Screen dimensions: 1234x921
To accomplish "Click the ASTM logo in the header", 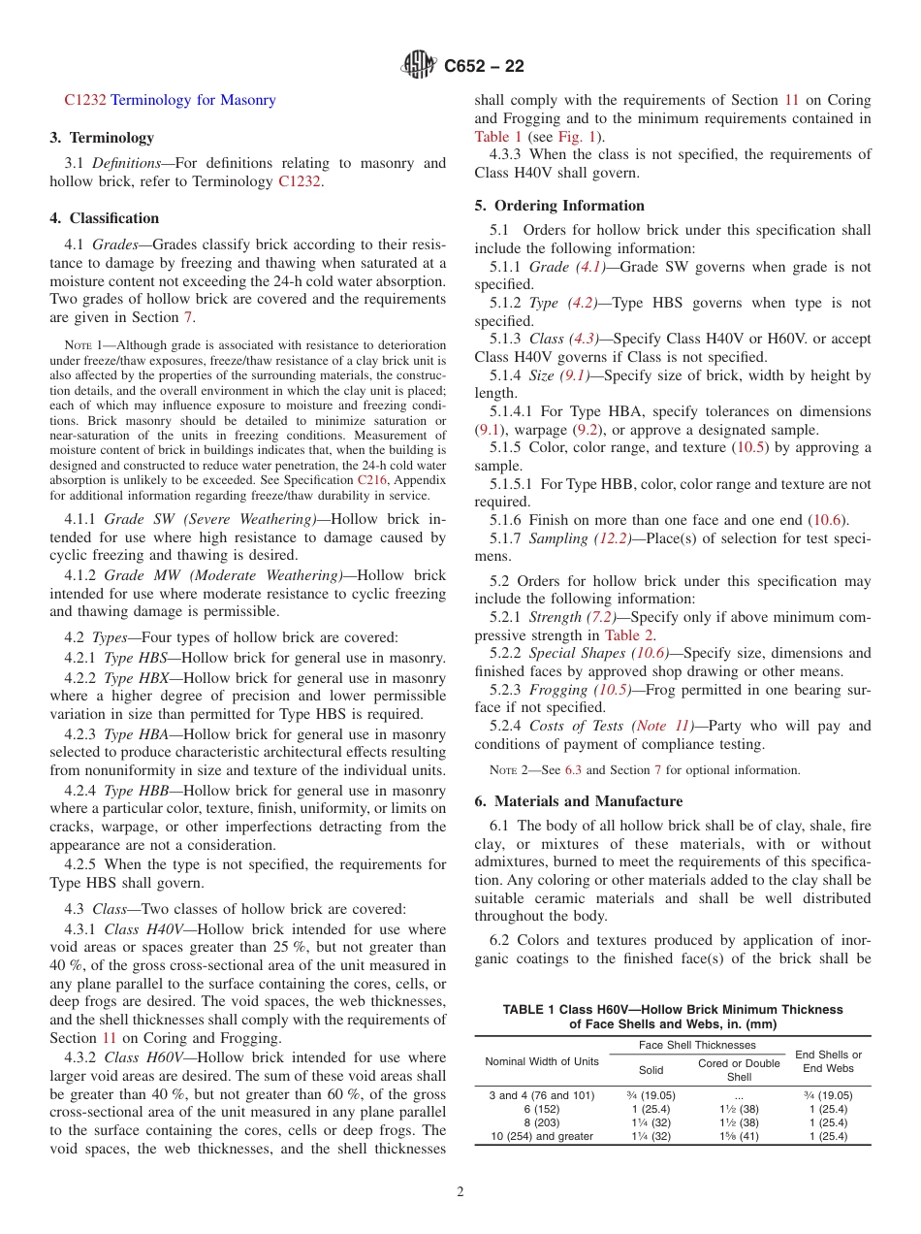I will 419,66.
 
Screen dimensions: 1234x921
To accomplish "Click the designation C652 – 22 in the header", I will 484,66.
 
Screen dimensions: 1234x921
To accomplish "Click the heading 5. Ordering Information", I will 560,206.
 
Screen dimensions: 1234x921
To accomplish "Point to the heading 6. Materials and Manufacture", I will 579,801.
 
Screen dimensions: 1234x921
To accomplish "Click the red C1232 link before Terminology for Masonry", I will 85,100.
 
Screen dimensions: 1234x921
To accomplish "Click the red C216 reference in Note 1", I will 372,479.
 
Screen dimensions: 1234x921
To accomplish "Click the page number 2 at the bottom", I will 460,1192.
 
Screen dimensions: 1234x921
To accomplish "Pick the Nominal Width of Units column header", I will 542,1061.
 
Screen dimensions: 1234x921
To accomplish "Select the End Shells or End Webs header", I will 828,1061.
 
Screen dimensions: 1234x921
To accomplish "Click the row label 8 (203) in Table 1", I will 542,1122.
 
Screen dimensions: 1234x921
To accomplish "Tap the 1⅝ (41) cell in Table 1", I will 739,1136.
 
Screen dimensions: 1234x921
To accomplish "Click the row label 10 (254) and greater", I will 542,1136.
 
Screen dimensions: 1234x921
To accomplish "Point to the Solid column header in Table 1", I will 650,1070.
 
